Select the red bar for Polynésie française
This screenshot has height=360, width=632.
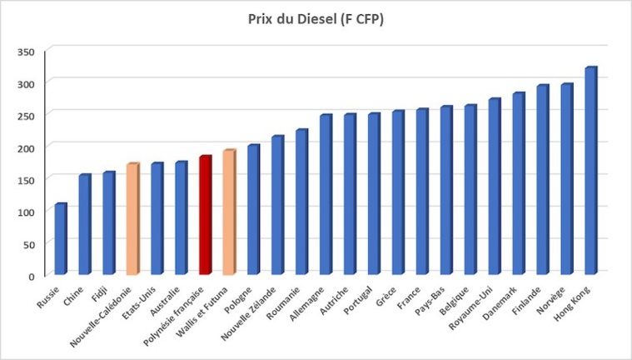pos(205,215)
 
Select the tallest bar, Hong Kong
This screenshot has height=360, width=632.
pos(590,171)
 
